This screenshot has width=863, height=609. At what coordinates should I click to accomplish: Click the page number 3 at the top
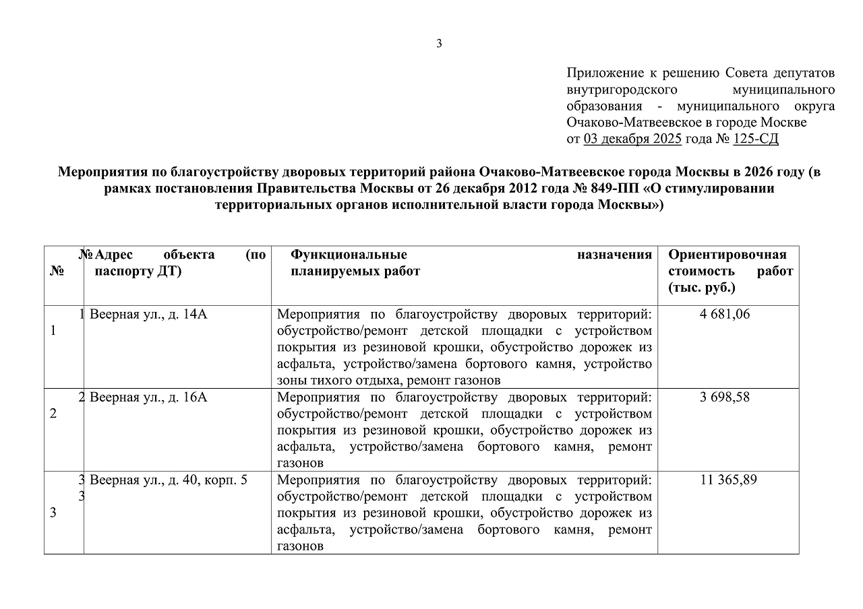pos(439,44)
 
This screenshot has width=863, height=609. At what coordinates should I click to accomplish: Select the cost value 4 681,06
pos(725,314)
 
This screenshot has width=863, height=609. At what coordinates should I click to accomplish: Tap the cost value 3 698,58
pos(725,397)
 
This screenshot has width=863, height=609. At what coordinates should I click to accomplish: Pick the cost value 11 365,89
pos(725,480)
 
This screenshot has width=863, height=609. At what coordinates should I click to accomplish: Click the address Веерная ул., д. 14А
pos(148,314)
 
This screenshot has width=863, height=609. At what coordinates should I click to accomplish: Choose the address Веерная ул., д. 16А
pos(148,397)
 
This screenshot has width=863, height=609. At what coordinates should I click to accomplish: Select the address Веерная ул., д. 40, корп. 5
pos(169,480)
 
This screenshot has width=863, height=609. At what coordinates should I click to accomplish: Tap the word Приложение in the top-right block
pos(603,73)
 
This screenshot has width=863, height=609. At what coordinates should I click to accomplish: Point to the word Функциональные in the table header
pos(349,255)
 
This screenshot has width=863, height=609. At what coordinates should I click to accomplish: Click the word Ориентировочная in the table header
pos(727,255)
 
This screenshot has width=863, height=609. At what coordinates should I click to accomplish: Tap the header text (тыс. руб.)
pos(702,288)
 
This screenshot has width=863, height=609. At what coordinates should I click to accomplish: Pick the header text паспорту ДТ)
pos(138,271)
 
